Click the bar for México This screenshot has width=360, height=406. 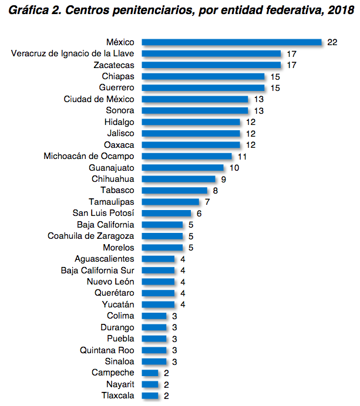pyautogui.click(x=232, y=42)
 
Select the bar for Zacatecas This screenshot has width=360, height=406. pyautogui.click(x=211, y=65)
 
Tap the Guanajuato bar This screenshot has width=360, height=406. pyautogui.click(x=183, y=168)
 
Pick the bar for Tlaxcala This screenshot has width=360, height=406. pyautogui.click(x=150, y=395)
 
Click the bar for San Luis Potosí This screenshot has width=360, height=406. pyautogui.click(x=167, y=214)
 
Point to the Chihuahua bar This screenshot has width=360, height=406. pyautogui.click(x=179, y=179)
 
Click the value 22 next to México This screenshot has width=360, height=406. pyautogui.click(x=333, y=42)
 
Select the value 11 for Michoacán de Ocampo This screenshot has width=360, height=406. pyautogui.click(x=242, y=157)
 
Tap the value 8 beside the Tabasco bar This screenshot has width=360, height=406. pyautogui.click(x=216, y=191)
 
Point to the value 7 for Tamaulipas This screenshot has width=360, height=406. pyautogui.click(x=207, y=202)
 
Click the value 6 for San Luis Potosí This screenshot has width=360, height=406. pyautogui.click(x=199, y=214)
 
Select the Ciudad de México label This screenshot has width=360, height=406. pyautogui.click(x=99, y=99)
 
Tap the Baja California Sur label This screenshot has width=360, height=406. pyautogui.click(x=97, y=270)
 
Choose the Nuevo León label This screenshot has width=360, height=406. pyautogui.click(x=110, y=282)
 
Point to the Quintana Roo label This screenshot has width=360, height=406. pyautogui.click(x=107, y=350)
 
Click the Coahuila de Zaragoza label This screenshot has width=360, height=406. pyautogui.click(x=91, y=236)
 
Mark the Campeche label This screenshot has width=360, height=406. pyautogui.click(x=113, y=373)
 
